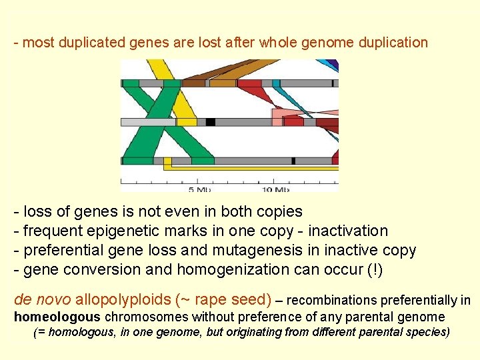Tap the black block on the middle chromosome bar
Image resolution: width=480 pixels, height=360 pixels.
pos(210,122)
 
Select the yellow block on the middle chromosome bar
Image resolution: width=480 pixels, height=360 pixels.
pos(186,122)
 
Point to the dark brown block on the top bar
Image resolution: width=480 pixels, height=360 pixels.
pos(193,83)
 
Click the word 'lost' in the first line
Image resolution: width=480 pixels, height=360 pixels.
pos(210,43)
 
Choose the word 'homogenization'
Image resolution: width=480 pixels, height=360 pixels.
pos(228,270)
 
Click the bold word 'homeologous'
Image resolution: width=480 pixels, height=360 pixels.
pos(57,317)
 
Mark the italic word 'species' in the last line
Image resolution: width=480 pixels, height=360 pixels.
pos(427,332)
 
